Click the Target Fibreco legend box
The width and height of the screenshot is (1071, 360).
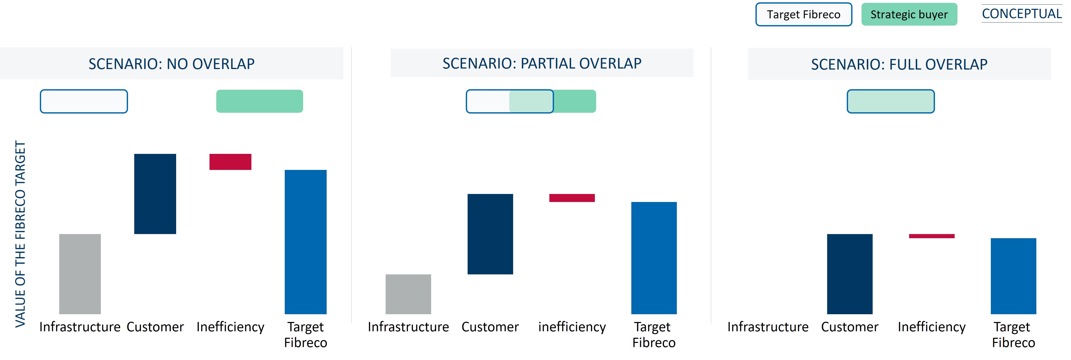click(x=803, y=14)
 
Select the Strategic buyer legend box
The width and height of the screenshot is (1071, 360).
click(x=909, y=14)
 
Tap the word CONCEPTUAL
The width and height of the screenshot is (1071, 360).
click(x=1022, y=14)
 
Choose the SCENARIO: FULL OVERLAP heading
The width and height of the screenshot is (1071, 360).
click(x=899, y=64)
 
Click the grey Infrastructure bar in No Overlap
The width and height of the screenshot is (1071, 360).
click(x=80, y=274)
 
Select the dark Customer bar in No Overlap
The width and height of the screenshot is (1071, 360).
click(x=155, y=194)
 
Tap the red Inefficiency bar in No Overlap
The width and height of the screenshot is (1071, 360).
click(x=230, y=162)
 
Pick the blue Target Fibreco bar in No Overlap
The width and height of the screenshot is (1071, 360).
click(x=306, y=242)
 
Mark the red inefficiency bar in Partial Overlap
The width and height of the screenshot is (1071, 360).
click(x=572, y=198)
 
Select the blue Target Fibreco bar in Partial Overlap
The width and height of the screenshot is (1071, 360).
click(x=654, y=258)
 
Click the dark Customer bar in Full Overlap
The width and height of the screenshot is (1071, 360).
click(x=850, y=274)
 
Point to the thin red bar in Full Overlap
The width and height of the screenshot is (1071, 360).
click(x=932, y=236)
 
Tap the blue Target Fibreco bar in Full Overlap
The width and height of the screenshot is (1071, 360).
click(x=1014, y=276)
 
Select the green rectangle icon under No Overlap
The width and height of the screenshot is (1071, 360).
click(x=259, y=101)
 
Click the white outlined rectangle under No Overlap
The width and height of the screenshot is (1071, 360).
click(x=84, y=101)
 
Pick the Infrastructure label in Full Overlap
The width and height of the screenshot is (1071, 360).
click(x=768, y=327)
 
